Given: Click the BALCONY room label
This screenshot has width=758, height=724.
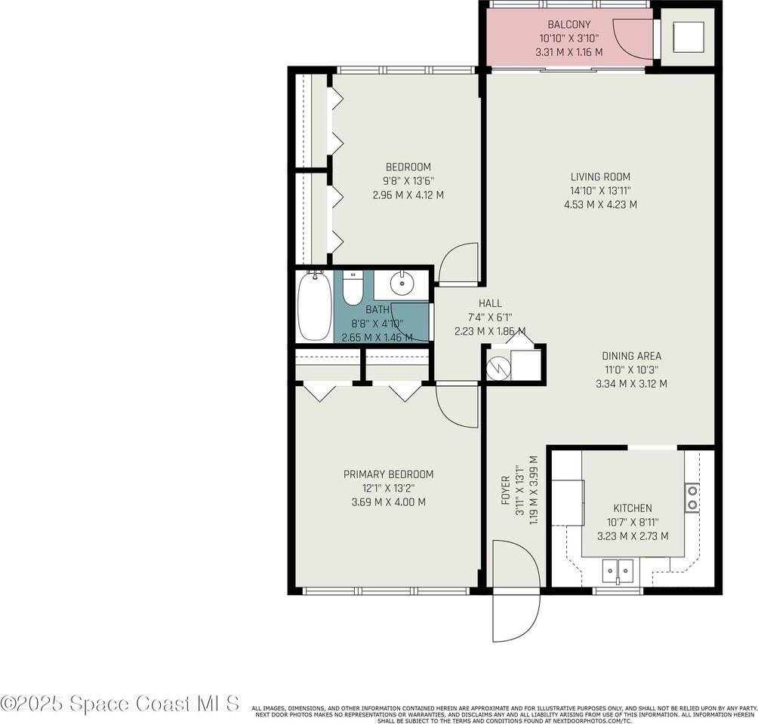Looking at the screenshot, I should tap(569, 25).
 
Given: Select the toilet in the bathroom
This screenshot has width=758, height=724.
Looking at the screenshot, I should tap(353, 287).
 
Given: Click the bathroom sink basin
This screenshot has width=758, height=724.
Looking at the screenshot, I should tap(401, 285).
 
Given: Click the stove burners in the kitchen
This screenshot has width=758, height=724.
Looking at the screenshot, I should tap(692, 498).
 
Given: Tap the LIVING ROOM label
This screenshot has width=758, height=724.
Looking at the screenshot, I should tap(600, 177).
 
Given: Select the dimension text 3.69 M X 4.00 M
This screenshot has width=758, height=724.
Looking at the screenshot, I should tap(389, 502).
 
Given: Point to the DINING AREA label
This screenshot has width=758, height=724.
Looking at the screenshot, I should tap(631, 356).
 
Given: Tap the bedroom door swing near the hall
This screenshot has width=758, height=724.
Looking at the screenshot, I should tap(459, 264).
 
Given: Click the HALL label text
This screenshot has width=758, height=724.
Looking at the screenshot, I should tap(490, 303).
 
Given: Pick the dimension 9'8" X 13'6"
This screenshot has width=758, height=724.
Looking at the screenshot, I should tap(408, 180).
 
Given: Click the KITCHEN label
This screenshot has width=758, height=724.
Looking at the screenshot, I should tap(632, 508).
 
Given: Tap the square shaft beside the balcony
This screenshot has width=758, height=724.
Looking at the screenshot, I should tap(689, 36).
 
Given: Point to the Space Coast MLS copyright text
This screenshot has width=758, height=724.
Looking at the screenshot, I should tap(121, 703).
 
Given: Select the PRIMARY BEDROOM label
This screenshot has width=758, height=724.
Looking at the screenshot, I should tap(389, 474).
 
